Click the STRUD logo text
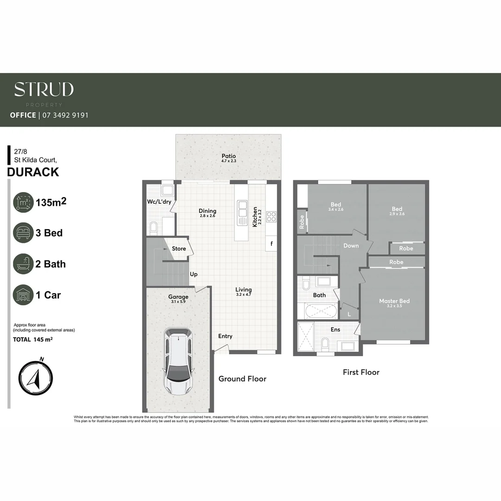tap(44, 89)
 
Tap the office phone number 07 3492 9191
tap(65, 115)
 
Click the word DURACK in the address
tap(33, 172)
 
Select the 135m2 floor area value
tap(51, 202)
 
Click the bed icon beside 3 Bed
tap(23, 233)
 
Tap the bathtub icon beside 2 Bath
tap(23, 264)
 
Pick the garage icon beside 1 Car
tap(23, 295)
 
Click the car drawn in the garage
tap(177, 361)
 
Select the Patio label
tap(228, 156)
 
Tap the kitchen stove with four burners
tap(271, 217)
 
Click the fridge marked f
tap(271, 243)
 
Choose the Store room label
tap(179, 249)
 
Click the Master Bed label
tap(394, 301)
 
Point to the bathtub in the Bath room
tap(321, 311)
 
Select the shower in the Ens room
tap(305, 336)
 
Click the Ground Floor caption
tap(242, 379)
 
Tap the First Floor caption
tap(361, 372)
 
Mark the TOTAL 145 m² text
tap(32, 340)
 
